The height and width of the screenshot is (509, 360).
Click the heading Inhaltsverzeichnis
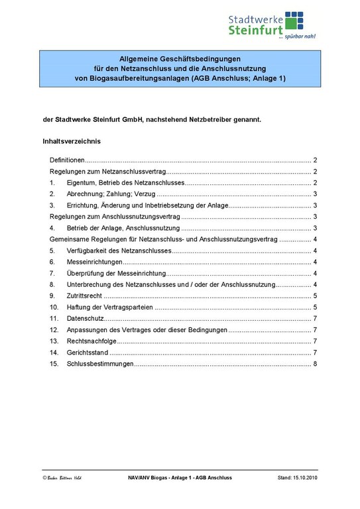coord(72,141)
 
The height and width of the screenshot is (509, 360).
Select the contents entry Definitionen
coord(67,160)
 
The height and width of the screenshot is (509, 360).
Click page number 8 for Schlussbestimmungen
coord(316,364)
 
